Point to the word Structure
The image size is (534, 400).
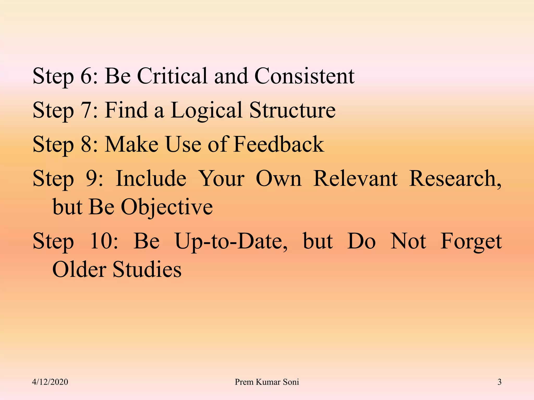click(292, 110)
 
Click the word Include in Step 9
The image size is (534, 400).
click(151, 178)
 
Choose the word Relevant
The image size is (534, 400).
click(355, 178)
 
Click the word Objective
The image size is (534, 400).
click(167, 207)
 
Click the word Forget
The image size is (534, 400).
click(471, 241)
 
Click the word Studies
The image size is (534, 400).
click(147, 269)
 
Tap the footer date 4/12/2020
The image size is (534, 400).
click(50, 382)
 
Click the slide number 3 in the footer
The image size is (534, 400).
click(499, 382)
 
